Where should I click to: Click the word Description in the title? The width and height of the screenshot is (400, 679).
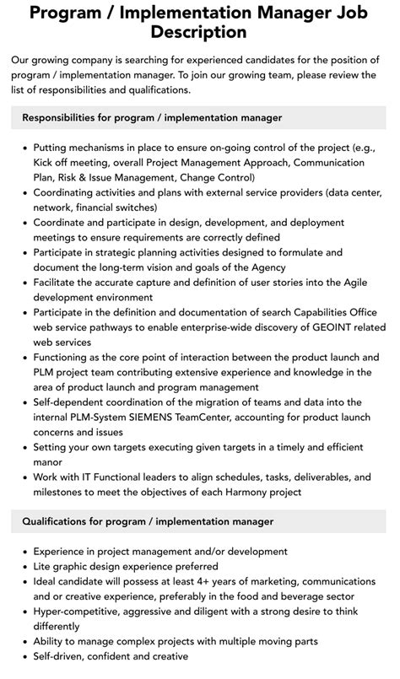199,32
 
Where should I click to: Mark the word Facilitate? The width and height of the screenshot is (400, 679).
61,282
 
